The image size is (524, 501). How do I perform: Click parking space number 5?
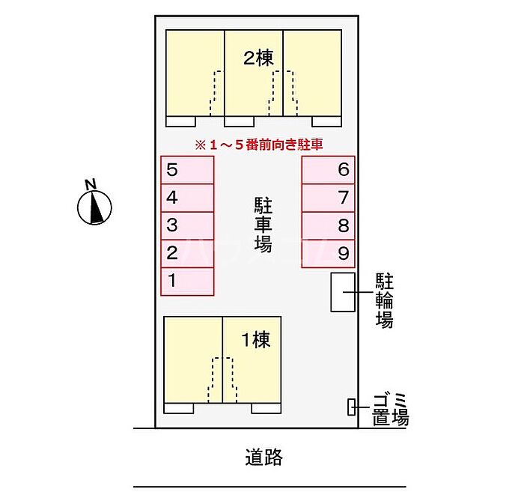[188, 170]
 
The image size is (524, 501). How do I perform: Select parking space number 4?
[188, 198]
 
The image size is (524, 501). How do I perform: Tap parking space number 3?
[188, 225]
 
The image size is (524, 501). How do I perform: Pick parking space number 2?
[188, 253]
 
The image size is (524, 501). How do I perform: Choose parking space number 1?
[188, 281]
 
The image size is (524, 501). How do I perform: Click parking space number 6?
[329, 170]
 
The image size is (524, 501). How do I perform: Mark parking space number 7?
[329, 198]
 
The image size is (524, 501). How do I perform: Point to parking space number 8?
[329, 225]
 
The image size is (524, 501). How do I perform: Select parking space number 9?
[329, 253]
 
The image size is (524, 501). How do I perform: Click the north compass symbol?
[95, 207]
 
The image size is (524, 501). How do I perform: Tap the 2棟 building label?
[259, 58]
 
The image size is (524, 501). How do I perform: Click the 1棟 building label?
[255, 341]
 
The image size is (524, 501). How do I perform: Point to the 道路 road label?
[263, 456]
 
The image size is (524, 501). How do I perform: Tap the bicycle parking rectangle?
[344, 291]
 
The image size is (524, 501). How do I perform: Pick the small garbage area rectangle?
[352, 407]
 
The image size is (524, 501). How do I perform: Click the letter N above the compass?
[91, 184]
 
